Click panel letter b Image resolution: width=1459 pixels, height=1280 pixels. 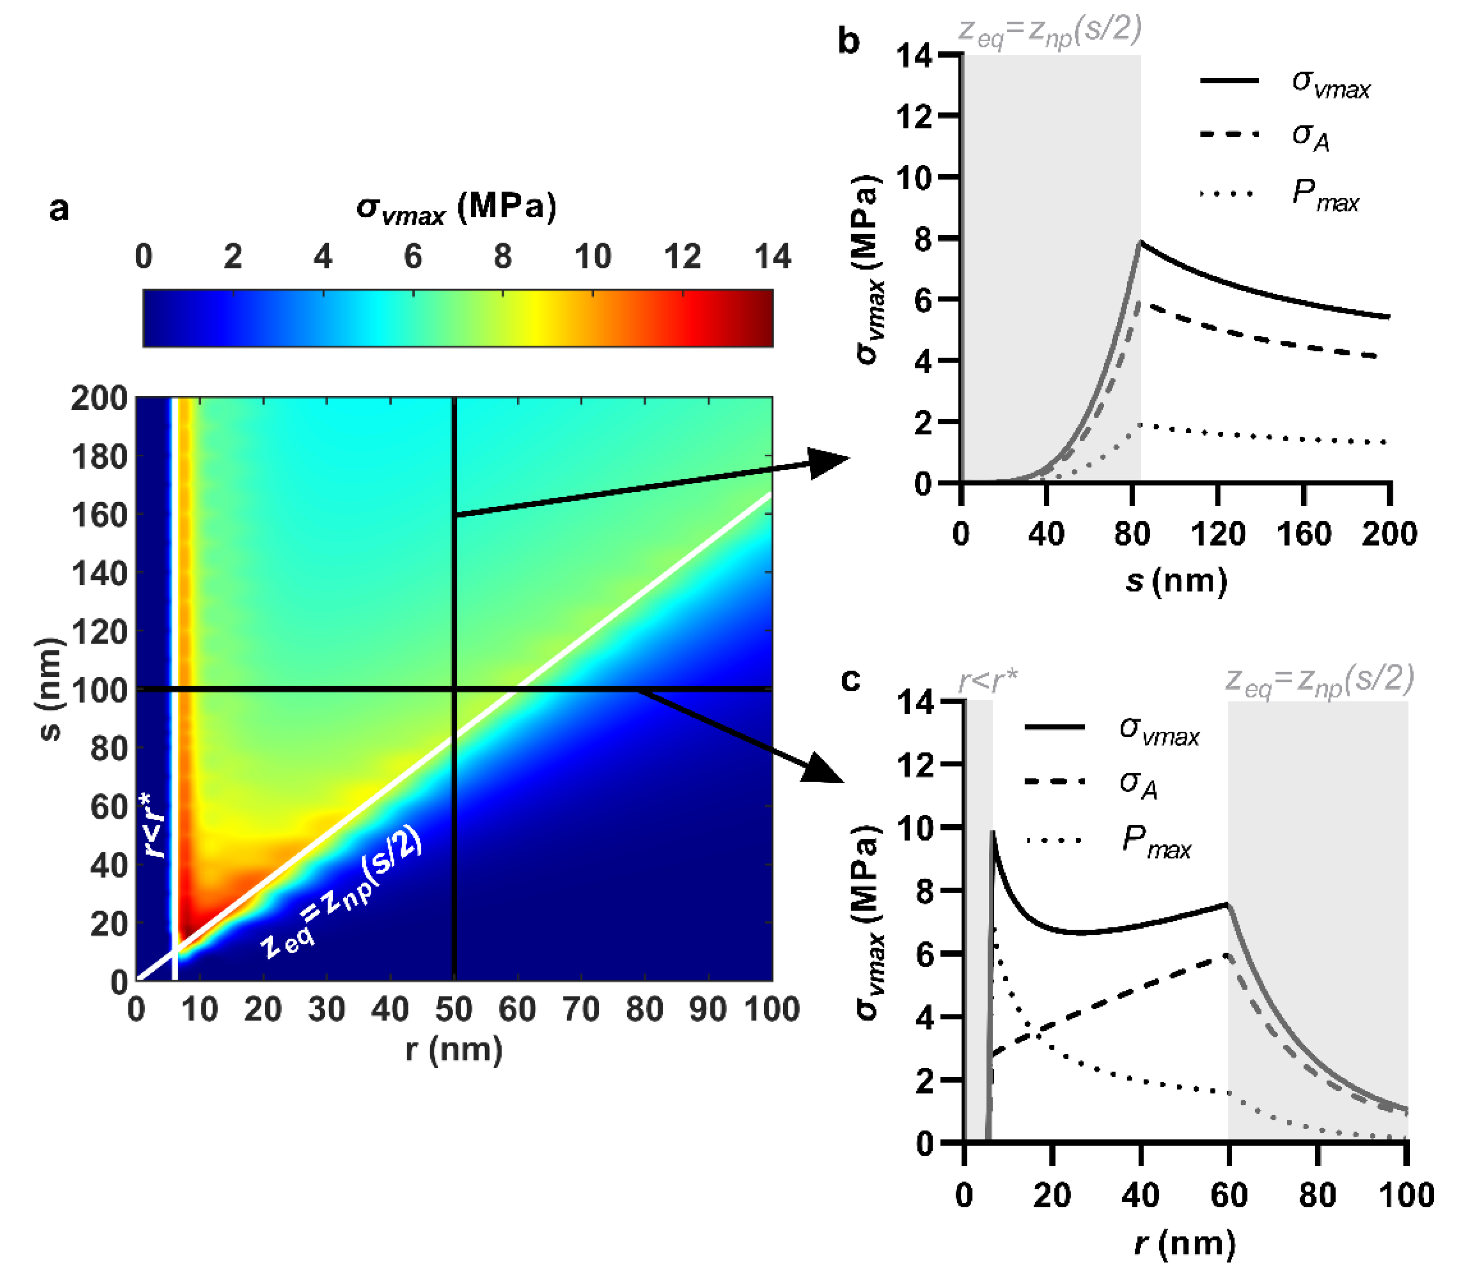pyautogui.click(x=849, y=41)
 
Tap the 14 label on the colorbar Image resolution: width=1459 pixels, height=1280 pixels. pyautogui.click(x=772, y=257)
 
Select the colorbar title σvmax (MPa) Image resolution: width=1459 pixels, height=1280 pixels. pyautogui.click(x=456, y=208)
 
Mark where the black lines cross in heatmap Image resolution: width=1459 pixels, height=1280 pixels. pyautogui.click(x=454, y=689)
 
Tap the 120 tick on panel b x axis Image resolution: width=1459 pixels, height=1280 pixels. pyautogui.click(x=1218, y=534)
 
